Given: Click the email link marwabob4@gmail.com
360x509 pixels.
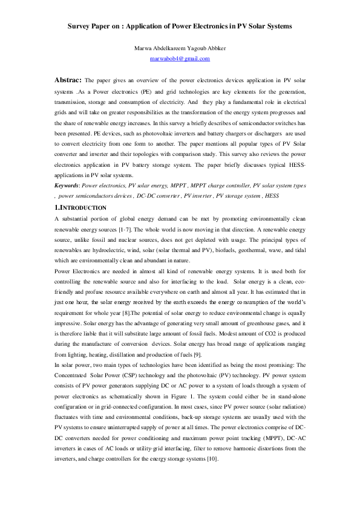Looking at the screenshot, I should [180, 59].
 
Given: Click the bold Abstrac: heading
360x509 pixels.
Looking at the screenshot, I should [68, 80].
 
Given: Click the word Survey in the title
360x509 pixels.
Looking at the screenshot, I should [81, 27].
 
